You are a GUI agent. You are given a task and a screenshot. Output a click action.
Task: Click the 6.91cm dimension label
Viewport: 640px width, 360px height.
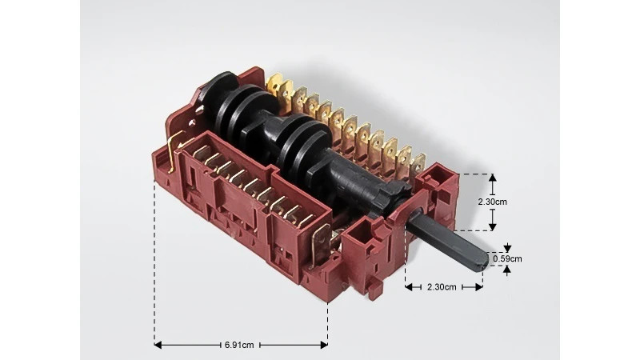(239, 345)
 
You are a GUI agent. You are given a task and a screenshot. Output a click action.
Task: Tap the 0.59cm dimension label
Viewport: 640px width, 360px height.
(507, 258)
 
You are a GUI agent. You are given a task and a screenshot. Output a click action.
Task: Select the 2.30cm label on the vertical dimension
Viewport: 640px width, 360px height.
(493, 202)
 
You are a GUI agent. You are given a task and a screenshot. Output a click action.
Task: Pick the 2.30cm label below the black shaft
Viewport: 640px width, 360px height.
(442, 287)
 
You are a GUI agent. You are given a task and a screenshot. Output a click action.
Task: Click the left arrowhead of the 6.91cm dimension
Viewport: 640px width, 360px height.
(158, 345)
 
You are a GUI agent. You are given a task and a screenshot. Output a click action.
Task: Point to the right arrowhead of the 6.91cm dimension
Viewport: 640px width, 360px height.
(324, 345)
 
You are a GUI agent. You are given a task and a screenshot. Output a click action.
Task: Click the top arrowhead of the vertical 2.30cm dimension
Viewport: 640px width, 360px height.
(493, 178)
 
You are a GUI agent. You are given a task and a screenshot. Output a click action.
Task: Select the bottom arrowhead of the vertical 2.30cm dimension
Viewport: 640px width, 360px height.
(493, 226)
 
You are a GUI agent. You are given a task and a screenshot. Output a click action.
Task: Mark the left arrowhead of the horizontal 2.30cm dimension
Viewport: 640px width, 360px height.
(409, 287)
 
